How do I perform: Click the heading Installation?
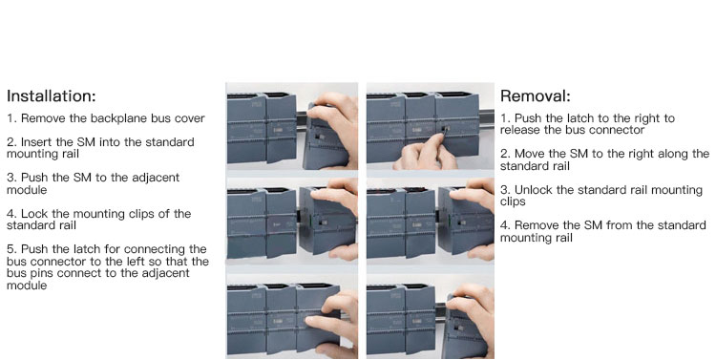(x=52, y=95)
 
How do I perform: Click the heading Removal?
(x=536, y=95)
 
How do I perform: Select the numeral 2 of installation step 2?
(x=10, y=142)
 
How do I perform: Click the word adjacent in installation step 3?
(x=156, y=178)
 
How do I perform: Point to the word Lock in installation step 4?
(x=34, y=213)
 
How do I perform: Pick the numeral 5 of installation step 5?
(x=11, y=249)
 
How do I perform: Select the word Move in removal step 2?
(x=530, y=154)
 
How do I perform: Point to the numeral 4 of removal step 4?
(x=504, y=225)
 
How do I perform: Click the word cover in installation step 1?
(x=189, y=118)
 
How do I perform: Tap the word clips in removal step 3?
(x=513, y=201)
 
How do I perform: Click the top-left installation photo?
(x=292, y=126)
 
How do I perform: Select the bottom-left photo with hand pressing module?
(x=292, y=317)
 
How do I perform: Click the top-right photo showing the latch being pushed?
(x=431, y=126)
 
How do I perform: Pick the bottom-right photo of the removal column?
(x=431, y=317)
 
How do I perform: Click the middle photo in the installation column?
(x=292, y=222)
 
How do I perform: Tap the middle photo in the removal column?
(x=431, y=222)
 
